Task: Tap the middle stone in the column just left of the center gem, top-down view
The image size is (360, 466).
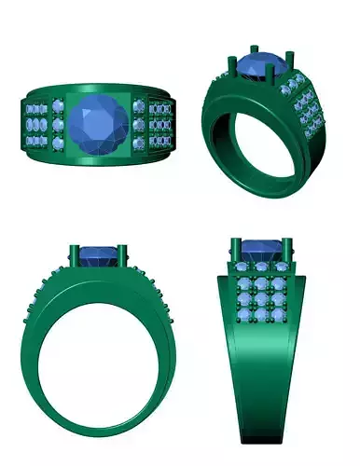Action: pos(60,125)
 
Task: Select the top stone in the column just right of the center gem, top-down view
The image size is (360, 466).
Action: pos(139,105)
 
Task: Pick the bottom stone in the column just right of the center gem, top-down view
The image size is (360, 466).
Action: pos(139,143)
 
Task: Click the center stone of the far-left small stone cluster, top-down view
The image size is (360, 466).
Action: pos(35,125)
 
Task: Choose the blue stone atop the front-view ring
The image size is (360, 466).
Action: pos(97,254)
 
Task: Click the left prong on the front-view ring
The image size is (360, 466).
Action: pos(75,254)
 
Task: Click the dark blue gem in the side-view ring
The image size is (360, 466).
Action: pos(261,250)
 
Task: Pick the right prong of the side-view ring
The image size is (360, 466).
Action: pos(288,252)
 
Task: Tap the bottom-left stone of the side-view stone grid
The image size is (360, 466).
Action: pos(244,317)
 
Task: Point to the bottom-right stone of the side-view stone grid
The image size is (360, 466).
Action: pos(279,317)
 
